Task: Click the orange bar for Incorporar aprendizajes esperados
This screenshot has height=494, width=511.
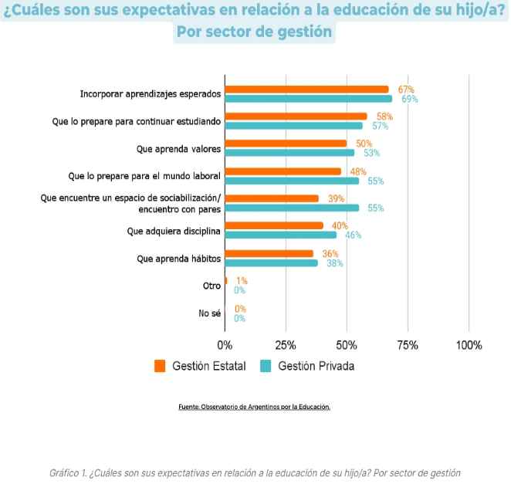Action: tap(306, 90)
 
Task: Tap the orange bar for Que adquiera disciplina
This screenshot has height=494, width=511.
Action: tap(274, 225)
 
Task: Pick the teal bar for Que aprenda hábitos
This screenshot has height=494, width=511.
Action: tap(271, 263)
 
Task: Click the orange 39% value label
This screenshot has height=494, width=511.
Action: tap(337, 198)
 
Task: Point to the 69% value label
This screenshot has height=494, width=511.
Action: tap(409, 99)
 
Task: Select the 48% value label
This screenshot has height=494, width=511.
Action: tap(358, 171)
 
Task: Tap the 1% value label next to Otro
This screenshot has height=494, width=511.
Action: tap(242, 281)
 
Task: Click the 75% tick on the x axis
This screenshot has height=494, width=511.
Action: tap(408, 345)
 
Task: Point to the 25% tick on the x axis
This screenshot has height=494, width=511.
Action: tap(286, 345)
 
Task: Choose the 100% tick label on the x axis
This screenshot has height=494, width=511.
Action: tap(469, 345)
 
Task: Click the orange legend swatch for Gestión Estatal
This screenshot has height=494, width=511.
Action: tap(160, 366)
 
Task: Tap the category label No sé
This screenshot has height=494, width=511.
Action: tap(210, 313)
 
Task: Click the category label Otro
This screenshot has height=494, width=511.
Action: tap(212, 286)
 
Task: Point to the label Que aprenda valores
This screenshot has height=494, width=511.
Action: tap(179, 148)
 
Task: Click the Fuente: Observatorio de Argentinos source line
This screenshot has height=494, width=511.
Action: tap(254, 406)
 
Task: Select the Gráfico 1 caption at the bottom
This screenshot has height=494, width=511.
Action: tap(254, 472)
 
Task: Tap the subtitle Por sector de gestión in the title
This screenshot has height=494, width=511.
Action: tap(254, 32)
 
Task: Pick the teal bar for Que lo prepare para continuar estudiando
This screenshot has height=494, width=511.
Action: tap(293, 126)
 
